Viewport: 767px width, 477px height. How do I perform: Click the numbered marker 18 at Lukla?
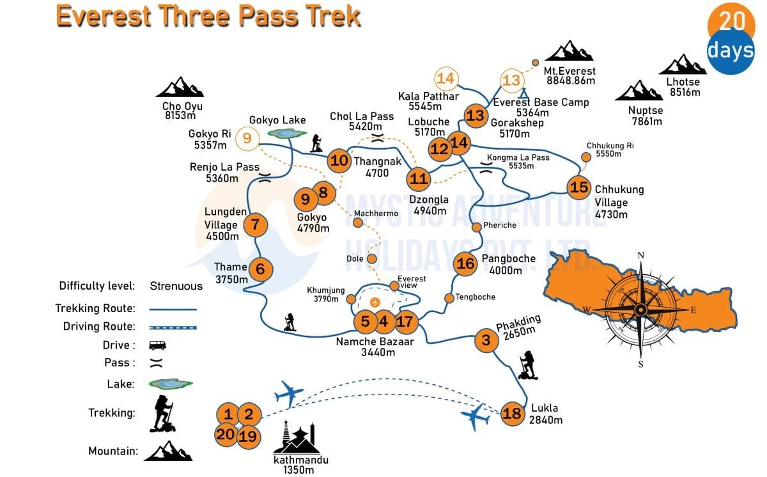tap(512, 412)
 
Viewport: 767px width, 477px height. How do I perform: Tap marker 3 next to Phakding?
tap(486, 340)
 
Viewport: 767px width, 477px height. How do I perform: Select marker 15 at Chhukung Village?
tap(578, 187)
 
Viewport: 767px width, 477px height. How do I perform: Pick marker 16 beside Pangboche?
tap(467, 263)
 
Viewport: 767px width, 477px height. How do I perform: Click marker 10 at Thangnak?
tap(339, 160)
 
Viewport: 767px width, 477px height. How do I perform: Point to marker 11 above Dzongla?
tap(419, 178)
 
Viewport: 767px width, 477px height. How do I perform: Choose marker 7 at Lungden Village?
tap(255, 224)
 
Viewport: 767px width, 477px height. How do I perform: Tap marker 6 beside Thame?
tap(260, 269)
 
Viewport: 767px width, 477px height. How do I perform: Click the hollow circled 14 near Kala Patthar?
tap(447, 79)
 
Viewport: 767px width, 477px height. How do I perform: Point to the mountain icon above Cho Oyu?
tap(179, 88)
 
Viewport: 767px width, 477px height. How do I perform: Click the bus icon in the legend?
tap(157, 345)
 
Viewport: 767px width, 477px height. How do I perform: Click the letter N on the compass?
tap(641, 256)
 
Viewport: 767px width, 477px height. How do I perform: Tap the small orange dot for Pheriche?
tap(476, 226)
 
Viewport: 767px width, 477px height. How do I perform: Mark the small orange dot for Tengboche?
tap(449, 297)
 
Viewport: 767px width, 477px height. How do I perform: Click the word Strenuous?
tap(176, 286)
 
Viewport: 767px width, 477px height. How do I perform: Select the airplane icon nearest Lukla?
tap(476, 418)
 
